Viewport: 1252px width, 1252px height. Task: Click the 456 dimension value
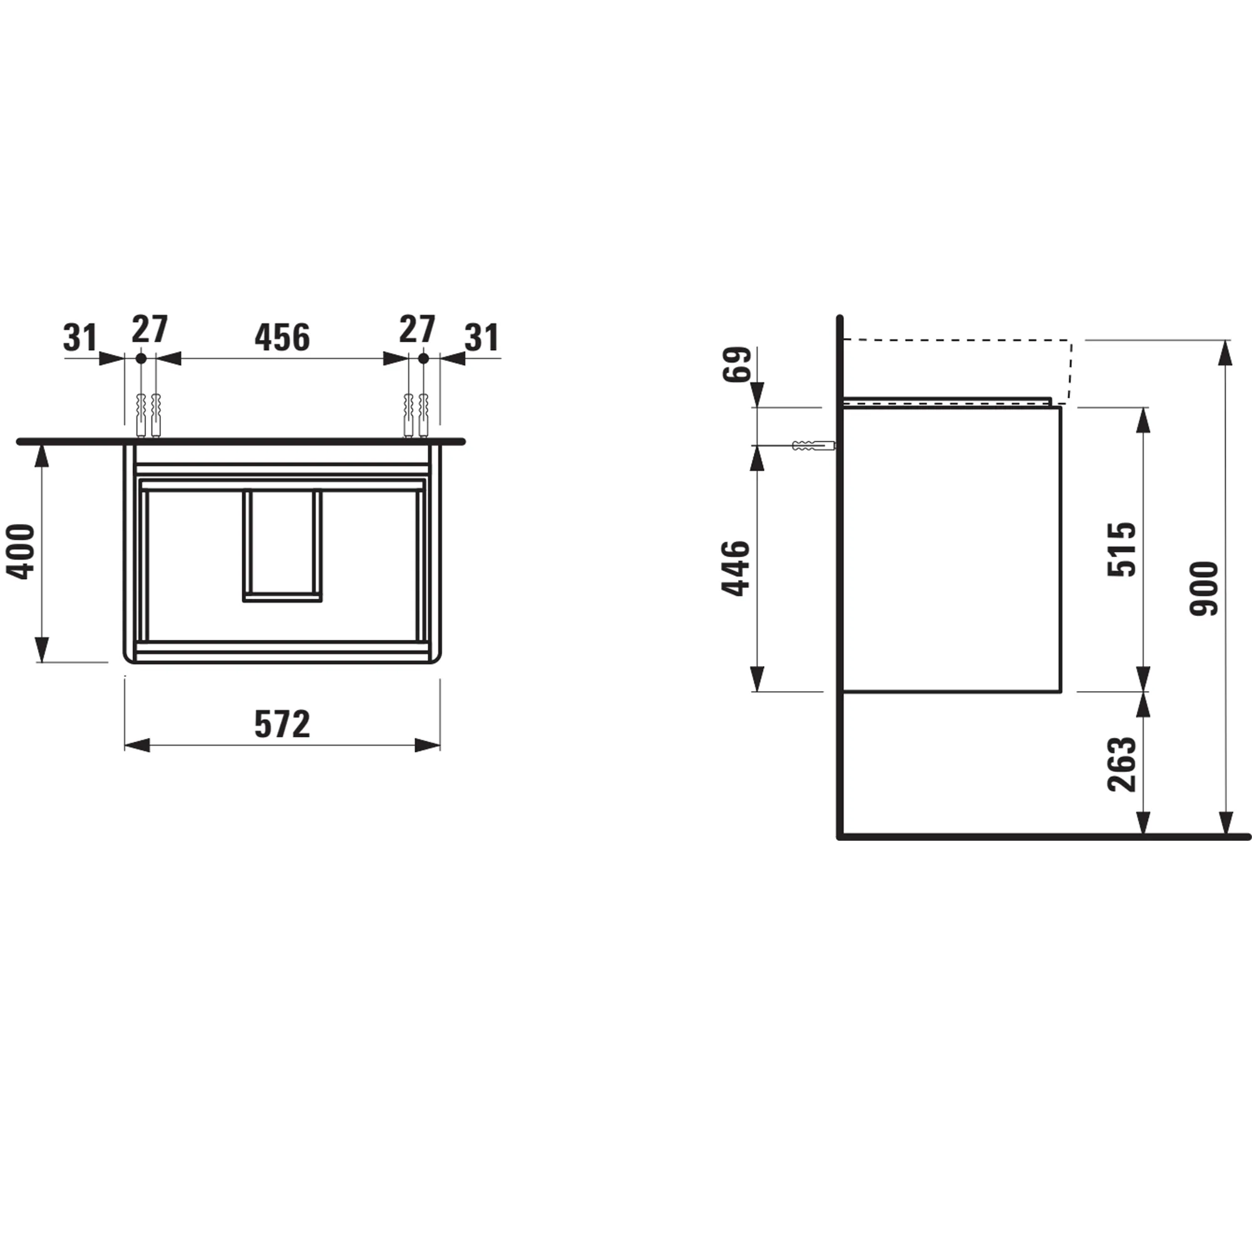click(282, 337)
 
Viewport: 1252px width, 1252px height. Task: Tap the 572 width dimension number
click(282, 724)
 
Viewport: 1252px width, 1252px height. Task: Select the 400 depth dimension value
click(20, 552)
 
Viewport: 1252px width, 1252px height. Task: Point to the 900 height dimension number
click(1204, 588)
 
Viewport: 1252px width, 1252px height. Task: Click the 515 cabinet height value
click(1122, 549)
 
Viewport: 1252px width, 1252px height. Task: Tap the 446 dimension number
click(736, 568)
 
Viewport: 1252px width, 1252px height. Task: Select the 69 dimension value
click(737, 364)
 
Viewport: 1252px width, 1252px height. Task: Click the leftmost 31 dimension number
click(80, 337)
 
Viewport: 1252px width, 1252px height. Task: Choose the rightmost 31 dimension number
click(482, 337)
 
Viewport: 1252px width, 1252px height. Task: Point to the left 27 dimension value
click(150, 329)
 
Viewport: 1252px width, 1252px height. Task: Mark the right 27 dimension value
click(417, 329)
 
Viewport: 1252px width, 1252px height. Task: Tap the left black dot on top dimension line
click(141, 357)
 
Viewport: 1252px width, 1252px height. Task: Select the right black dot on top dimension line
click(423, 357)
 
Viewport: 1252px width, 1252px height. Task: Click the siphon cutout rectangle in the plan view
click(282, 545)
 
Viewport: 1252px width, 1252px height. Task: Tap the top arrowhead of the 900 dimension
click(1225, 353)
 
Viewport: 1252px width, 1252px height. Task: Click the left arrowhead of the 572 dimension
click(137, 745)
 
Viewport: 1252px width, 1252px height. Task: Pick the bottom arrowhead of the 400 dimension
click(41, 649)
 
